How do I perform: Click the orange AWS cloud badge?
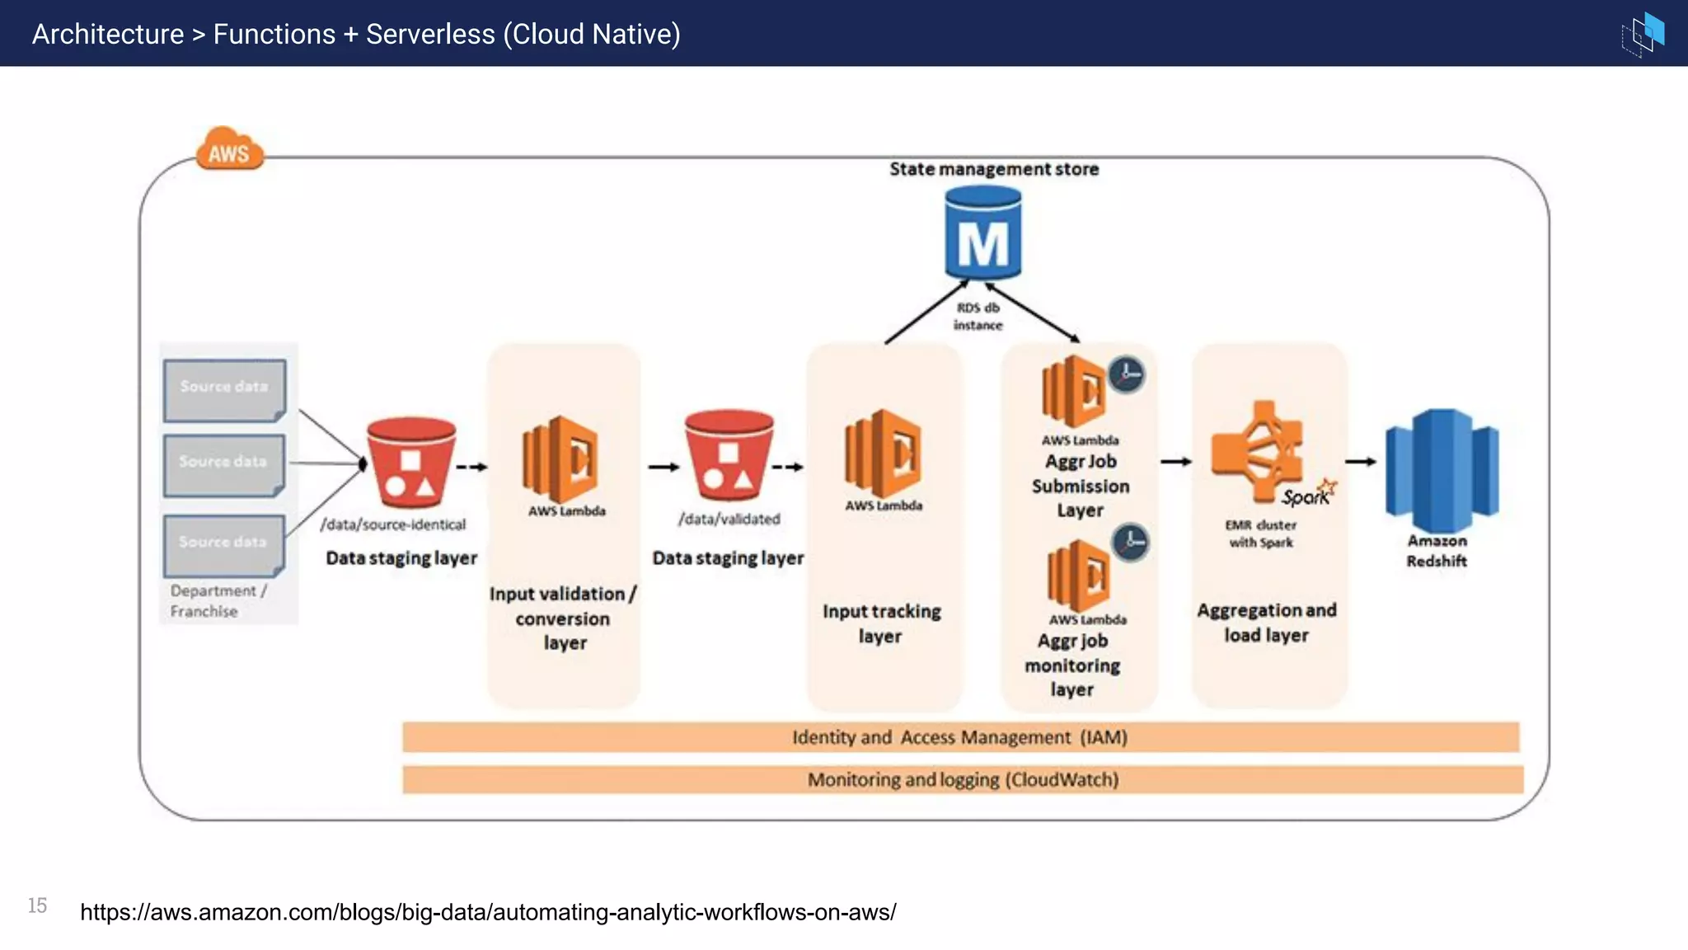[229, 150]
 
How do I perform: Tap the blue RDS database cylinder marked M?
[982, 234]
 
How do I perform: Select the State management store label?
[993, 169]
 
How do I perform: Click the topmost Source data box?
[224, 388]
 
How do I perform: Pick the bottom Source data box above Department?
[223, 544]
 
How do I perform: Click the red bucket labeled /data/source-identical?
[410, 463]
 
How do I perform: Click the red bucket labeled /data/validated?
[729, 456]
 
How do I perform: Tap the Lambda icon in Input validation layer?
[561, 459]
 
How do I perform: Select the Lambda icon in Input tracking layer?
[883, 453]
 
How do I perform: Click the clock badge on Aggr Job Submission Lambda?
[1126, 374]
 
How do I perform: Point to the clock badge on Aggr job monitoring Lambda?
[1131, 543]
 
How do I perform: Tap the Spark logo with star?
[1309, 493]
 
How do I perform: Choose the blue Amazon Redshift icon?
[1442, 470]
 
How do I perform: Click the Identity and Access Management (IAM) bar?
[960, 737]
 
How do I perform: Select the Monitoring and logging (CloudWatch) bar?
[963, 779]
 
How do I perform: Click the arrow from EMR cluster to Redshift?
[1361, 462]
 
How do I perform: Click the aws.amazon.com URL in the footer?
[488, 912]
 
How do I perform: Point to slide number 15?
[37, 905]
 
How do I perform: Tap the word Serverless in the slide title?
[430, 35]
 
